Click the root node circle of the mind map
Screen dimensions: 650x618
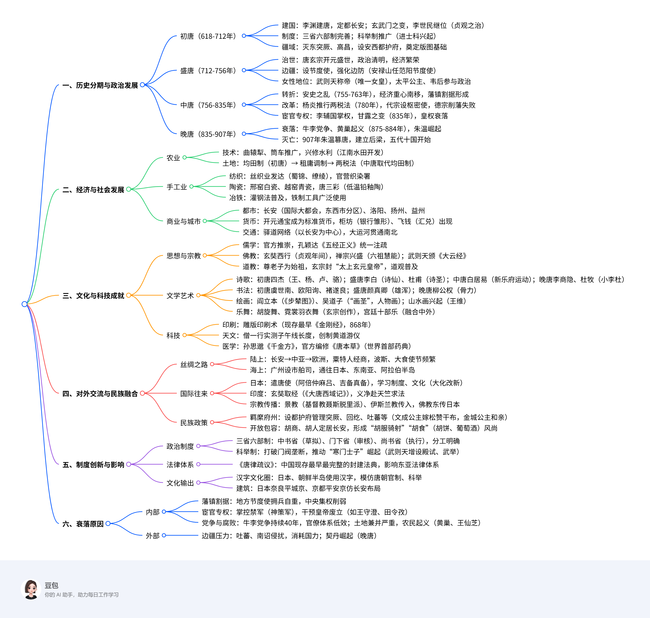pos(24,304)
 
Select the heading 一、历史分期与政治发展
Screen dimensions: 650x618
pos(100,85)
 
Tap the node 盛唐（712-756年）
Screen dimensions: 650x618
pos(208,70)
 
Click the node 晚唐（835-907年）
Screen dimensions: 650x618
pos(208,134)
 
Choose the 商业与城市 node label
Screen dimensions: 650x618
pos(183,221)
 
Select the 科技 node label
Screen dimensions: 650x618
pos(173,335)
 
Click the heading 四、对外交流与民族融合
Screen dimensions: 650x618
pos(100,394)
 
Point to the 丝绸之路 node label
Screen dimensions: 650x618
pos(194,364)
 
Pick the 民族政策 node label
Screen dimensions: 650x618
pos(194,423)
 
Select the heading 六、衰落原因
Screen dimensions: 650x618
pos(83,524)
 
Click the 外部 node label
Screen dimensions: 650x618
pos(153,536)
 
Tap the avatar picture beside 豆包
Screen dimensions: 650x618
pos(31,589)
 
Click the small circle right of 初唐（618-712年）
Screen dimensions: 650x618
pos(244,36)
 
